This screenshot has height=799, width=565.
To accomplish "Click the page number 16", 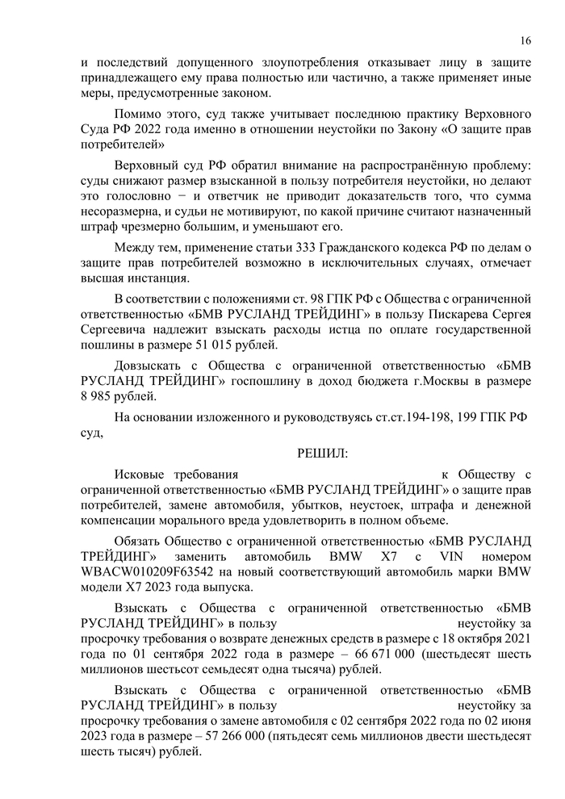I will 525,40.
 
